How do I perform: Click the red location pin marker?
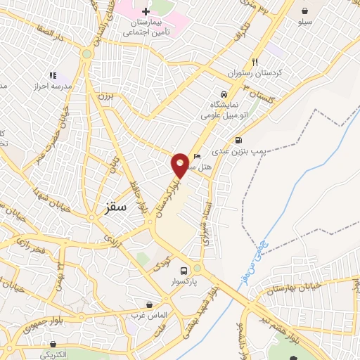[181, 165]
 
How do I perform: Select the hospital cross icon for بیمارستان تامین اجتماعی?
[146, 11]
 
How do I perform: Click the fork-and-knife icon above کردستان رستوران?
[255, 62]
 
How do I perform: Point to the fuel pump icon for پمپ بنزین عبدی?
[240, 139]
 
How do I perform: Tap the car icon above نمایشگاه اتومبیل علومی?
[224, 94]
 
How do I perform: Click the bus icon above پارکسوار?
[184, 271]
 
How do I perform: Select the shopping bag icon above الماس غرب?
[150, 304]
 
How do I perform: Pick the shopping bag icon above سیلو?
[305, 11]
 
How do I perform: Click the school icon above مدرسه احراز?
[53, 75]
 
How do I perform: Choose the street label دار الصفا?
[50, 33]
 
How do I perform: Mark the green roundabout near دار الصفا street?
[86, 53]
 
